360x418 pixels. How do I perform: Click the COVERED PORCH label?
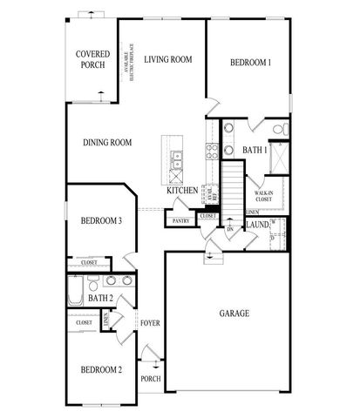tap(92, 58)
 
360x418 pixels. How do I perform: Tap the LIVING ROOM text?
tap(169, 59)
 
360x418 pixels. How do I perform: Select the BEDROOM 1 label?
tap(250, 62)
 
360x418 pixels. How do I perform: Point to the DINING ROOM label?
tap(107, 143)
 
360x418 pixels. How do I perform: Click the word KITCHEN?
tap(183, 189)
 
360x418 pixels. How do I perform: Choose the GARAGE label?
tap(234, 313)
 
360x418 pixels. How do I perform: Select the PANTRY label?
tap(181, 221)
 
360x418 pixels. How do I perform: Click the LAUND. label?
tap(256, 225)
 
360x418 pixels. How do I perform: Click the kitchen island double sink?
tap(178, 158)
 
